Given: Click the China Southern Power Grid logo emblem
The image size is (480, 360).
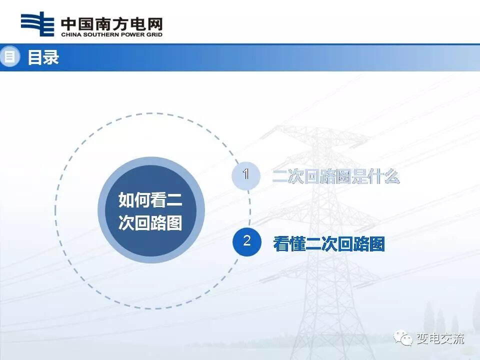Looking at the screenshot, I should point(37,23).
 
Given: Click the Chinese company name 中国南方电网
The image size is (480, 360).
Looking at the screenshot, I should point(111,23).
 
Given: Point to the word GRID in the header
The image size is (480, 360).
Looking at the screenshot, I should point(153,34).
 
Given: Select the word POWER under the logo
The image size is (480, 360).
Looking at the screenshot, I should point(131,34).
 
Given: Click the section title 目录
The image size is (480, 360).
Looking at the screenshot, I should point(43,57).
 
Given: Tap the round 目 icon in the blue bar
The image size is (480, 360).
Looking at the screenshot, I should point(8,56).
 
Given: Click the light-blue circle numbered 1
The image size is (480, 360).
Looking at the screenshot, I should point(246,175).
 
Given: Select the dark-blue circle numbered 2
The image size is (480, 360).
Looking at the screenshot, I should point(246,241).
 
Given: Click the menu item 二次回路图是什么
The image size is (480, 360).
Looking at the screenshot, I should point(336,176).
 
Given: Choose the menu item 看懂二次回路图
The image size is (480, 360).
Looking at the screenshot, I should point(329,244).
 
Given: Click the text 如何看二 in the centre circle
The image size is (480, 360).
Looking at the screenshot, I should point(150,200).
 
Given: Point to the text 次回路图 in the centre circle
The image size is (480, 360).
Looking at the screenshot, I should point(150,222).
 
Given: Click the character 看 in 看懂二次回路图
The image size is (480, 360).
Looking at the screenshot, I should point(281,244).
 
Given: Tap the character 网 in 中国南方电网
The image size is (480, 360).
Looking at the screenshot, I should point(154,23).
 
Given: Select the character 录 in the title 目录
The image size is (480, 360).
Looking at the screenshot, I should point(51,57).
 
